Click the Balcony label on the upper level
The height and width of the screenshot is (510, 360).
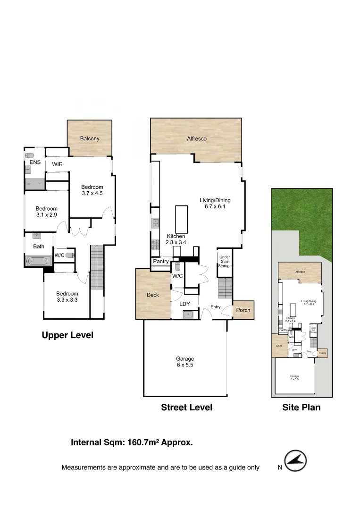click(90, 138)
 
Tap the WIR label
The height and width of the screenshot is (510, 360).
click(58, 164)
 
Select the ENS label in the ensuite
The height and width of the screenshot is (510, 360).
click(35, 162)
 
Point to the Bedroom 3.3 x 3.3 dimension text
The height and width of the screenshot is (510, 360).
click(67, 300)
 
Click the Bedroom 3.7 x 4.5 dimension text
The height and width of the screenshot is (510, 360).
click(92, 193)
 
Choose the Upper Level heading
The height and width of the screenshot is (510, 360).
click(67, 335)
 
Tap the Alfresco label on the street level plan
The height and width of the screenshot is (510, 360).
click(196, 139)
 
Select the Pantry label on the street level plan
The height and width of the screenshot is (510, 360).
click(160, 262)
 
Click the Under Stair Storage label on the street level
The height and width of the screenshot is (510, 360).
click(225, 262)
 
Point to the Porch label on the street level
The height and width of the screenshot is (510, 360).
click(243, 310)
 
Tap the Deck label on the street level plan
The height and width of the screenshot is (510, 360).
click(153, 295)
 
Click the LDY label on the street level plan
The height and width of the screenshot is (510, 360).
click(184, 304)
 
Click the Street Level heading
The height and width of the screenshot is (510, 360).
click(186, 408)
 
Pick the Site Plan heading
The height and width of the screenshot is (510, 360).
click(301, 408)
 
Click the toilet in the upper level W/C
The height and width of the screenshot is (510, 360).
click(69, 255)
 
